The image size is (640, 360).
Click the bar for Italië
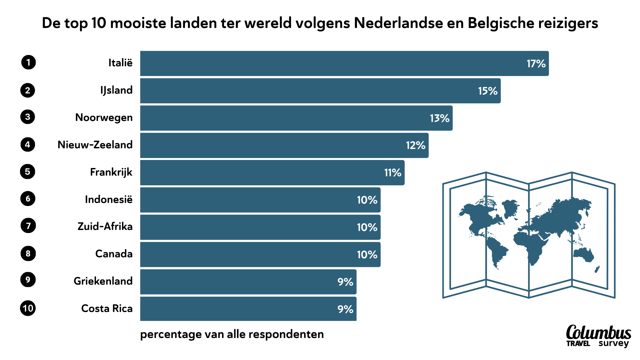(x=333, y=63)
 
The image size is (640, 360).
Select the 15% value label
(x=488, y=91)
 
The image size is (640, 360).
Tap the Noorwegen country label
(x=104, y=118)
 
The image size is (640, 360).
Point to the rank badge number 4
(x=28, y=145)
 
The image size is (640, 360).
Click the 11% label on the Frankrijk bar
(x=393, y=173)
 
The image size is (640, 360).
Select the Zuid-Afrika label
(x=105, y=227)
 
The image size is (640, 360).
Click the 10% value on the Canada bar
(x=367, y=255)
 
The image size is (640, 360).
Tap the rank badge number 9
(x=28, y=279)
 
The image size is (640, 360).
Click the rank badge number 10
(x=28, y=308)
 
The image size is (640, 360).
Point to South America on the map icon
(x=497, y=252)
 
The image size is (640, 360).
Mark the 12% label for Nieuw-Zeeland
(x=415, y=145)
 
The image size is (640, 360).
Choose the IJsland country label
(x=116, y=90)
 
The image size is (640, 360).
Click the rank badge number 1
(x=28, y=62)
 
